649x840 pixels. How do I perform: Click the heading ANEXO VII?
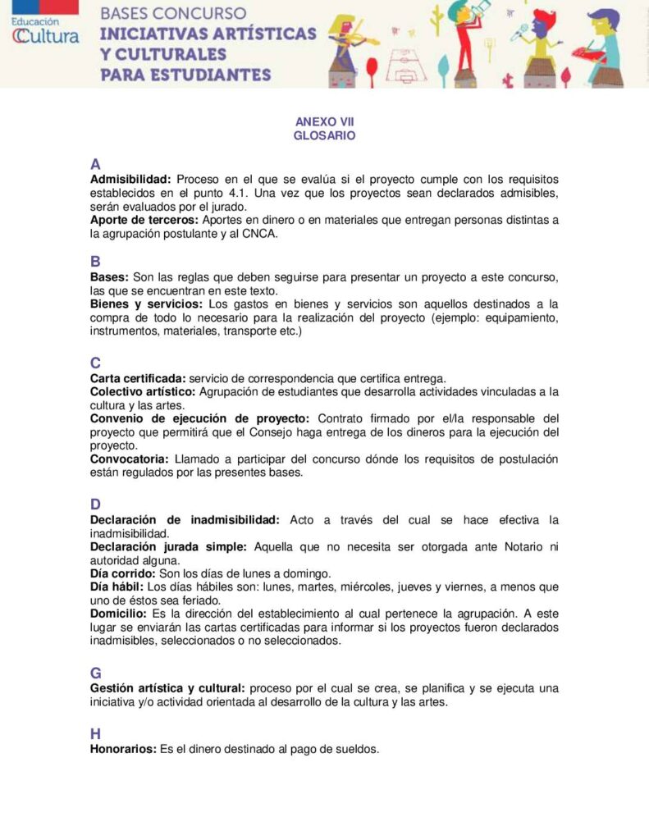click(x=324, y=122)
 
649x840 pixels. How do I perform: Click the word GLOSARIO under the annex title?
click(x=324, y=136)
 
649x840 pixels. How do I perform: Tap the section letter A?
click(x=96, y=163)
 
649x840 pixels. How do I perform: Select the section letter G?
click(x=96, y=673)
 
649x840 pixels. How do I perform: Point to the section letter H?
click(x=96, y=733)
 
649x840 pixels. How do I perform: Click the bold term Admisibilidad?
click(x=130, y=179)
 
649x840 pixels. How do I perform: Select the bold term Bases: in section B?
click(x=109, y=277)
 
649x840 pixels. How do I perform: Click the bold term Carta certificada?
click(x=138, y=378)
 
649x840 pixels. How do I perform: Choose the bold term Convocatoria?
click(x=129, y=459)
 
